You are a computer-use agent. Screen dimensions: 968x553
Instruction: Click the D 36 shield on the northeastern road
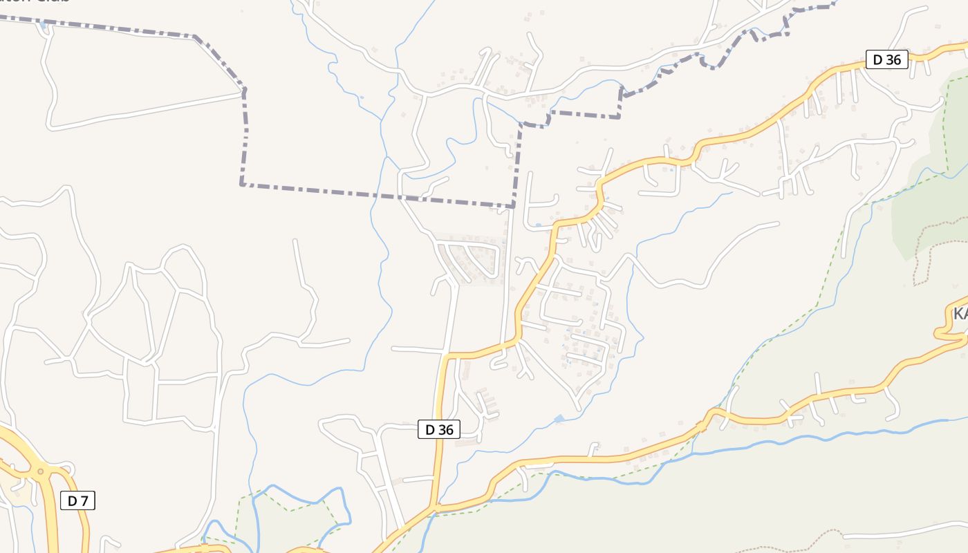887,59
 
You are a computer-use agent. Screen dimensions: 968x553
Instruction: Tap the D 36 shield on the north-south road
439,429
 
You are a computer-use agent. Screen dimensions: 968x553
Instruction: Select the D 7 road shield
77,500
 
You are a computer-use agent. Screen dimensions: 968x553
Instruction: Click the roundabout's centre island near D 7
40,472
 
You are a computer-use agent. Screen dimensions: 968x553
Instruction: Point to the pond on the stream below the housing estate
559,419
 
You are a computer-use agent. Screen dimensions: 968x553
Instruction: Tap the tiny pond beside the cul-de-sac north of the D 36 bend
538,225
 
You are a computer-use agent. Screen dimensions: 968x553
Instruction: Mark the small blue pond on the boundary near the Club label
44,25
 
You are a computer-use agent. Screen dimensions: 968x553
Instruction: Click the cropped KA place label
960,315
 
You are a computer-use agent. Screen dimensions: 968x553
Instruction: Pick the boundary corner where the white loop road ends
243,89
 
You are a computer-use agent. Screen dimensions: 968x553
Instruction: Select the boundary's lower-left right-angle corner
241,185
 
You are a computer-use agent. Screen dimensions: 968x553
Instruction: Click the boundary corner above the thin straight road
514,206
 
